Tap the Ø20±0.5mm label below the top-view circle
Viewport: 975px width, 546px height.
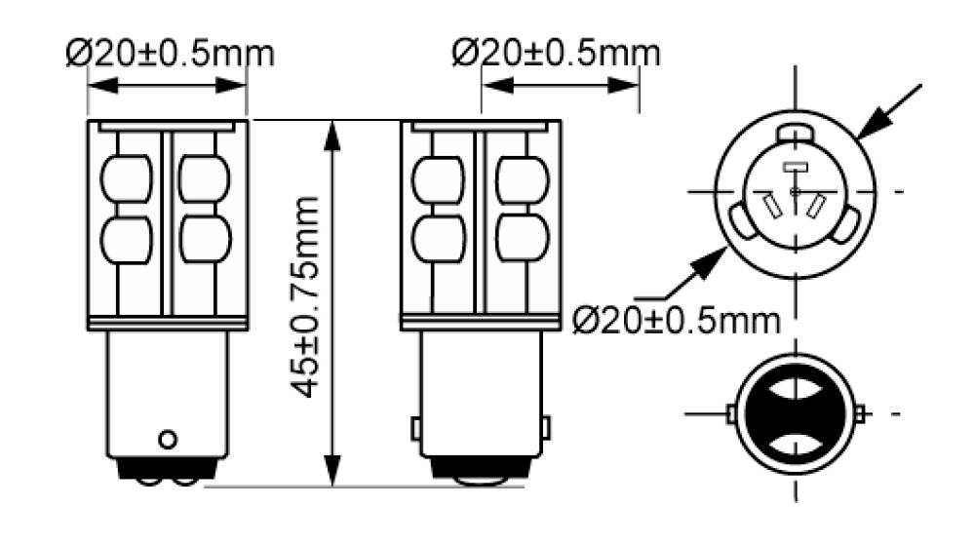tap(677, 320)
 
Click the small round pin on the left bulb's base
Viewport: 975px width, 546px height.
tap(168, 438)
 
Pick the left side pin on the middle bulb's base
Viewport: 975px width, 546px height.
tap(415, 428)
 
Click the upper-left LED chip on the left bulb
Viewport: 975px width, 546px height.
tap(127, 178)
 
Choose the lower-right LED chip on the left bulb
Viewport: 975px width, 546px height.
tap(206, 239)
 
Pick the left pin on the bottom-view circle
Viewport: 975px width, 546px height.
tap(731, 414)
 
